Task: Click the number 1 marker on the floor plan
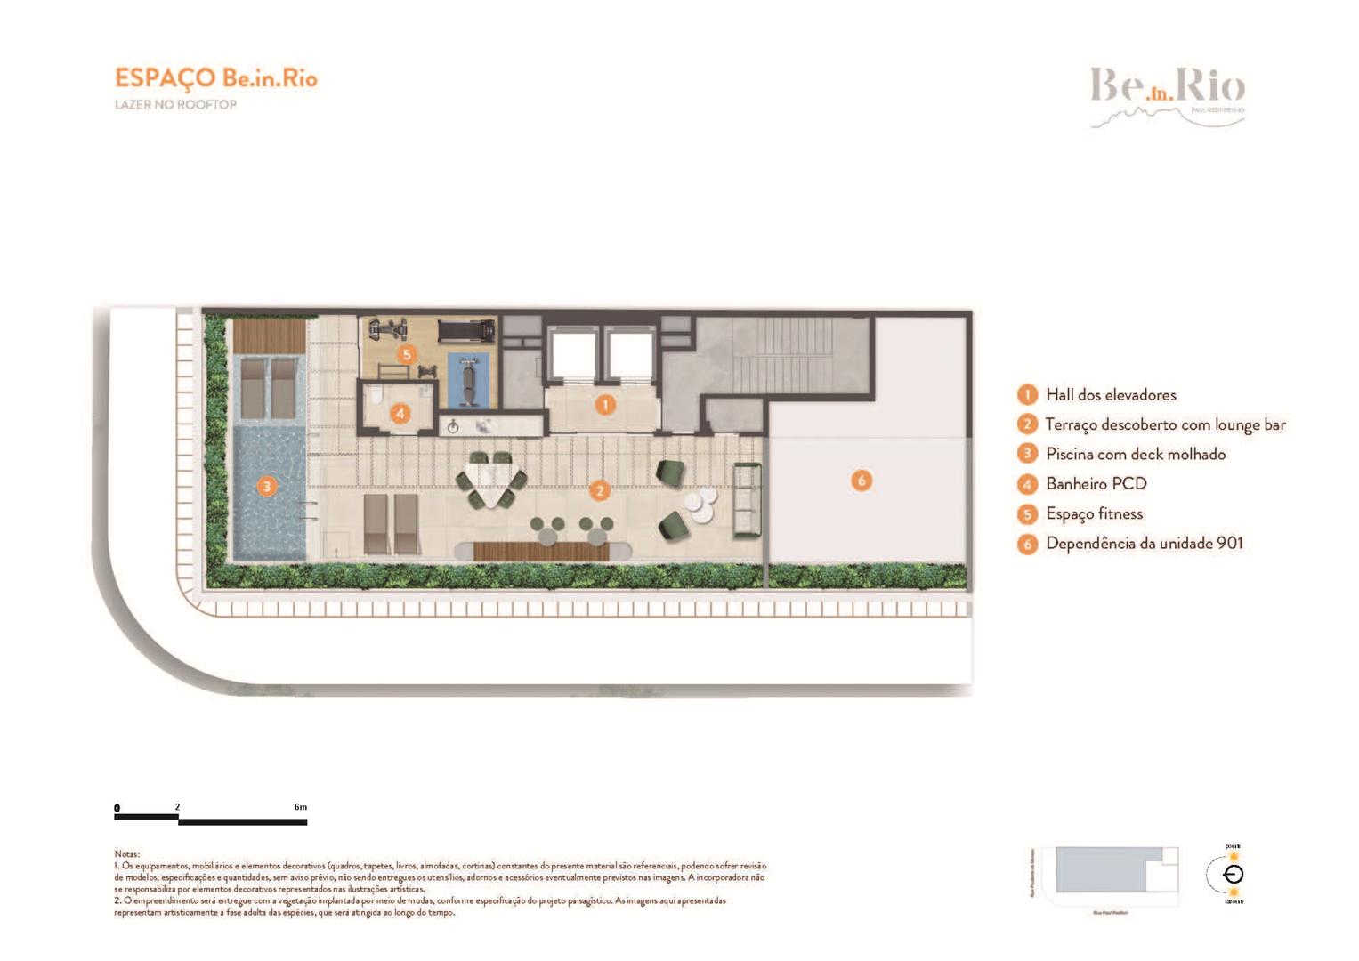coord(605,405)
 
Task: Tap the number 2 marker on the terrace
coord(600,490)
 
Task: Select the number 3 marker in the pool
coord(266,486)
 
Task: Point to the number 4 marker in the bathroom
coord(400,413)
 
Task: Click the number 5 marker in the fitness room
coord(407,354)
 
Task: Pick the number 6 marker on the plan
coord(861,480)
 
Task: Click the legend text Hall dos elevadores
coord(1110,395)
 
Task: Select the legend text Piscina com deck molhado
coord(1135,455)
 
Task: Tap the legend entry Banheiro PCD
coord(1096,484)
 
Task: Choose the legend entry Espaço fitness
coord(1094,514)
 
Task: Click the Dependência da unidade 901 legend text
coord(1144,544)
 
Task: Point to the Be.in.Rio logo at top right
coord(1167,93)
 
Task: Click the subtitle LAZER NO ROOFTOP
coord(175,105)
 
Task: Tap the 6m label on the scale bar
coord(301,807)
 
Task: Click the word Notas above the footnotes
coord(126,854)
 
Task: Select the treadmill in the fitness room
coord(466,331)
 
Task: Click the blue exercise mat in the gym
coord(468,380)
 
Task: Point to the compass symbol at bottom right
coord(1234,874)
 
